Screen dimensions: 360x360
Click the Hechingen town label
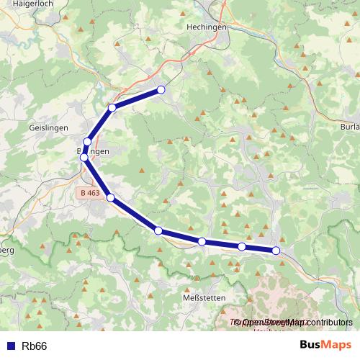207,26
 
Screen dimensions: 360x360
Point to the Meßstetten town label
204,297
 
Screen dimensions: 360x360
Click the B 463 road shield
91,193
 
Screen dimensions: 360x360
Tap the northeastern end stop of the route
161,89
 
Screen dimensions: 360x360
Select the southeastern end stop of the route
276,251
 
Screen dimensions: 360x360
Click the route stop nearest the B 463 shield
111,197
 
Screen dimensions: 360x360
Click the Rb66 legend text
34,346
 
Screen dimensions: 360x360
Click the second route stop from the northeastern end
112,108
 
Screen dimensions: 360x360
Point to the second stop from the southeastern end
242,247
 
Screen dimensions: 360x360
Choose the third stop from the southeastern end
202,242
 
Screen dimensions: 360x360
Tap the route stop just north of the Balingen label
87,142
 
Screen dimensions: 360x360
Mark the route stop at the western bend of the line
84,157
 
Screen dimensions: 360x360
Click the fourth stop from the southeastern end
158,230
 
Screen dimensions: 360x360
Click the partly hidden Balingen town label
94,151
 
